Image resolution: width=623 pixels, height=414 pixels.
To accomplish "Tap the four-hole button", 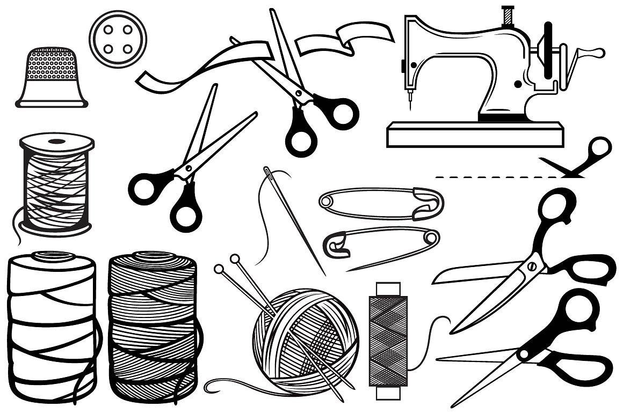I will tap(118, 39).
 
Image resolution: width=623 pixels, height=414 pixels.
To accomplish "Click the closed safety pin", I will tap(381, 203).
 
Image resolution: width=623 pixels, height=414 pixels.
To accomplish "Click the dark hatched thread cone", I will tap(153, 327).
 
